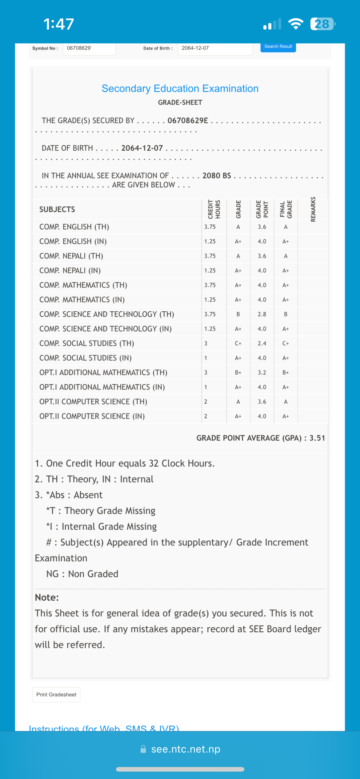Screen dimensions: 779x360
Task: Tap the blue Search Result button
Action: click(278, 47)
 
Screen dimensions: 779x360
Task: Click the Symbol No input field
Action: click(89, 48)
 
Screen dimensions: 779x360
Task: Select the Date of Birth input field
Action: click(215, 48)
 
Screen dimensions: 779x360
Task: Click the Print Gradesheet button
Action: click(56, 694)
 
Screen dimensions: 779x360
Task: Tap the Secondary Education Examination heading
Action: click(180, 89)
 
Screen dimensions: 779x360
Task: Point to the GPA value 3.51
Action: click(317, 438)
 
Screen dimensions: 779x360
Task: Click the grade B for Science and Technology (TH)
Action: click(238, 314)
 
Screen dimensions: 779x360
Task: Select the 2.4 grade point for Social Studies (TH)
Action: click(262, 343)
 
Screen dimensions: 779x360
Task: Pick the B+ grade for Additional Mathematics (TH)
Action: click(238, 373)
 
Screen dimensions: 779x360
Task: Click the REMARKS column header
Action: click(313, 209)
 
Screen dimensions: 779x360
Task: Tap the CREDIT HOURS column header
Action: click(214, 209)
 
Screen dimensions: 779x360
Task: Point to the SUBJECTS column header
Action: click(57, 210)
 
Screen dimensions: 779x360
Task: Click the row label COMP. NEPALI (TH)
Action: click(71, 256)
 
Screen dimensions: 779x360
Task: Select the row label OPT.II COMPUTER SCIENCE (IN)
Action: click(92, 416)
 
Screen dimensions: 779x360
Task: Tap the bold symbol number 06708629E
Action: click(188, 121)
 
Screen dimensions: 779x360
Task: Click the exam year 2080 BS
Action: click(217, 176)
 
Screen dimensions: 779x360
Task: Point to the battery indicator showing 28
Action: click(322, 24)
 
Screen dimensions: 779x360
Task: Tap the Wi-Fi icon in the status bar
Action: click(296, 24)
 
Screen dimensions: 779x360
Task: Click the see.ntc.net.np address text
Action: click(186, 749)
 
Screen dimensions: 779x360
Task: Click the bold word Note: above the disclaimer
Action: click(47, 597)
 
